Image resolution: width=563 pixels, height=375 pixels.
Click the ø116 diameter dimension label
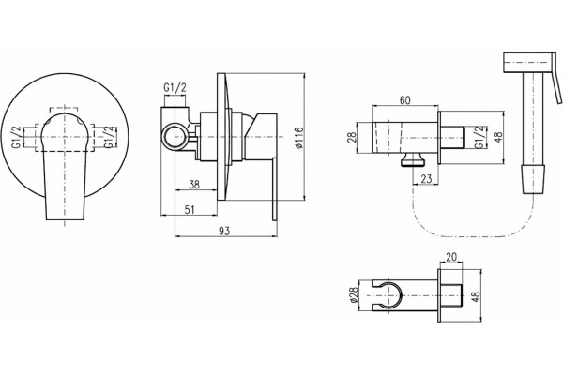click(x=300, y=137)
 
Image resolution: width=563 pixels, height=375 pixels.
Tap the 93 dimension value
click(x=223, y=232)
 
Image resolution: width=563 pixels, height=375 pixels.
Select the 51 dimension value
click(x=189, y=210)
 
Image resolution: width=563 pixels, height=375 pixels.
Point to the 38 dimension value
click(x=194, y=185)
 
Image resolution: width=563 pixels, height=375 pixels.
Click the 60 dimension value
click(x=404, y=100)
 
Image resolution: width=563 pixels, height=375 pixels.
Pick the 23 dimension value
click(x=426, y=179)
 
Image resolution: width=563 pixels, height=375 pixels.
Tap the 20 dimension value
click(x=451, y=257)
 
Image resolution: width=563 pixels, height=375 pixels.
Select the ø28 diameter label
click(x=354, y=295)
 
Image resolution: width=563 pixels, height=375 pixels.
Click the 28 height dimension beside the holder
click(x=352, y=137)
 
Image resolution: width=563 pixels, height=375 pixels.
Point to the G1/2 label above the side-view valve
click(x=175, y=87)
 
